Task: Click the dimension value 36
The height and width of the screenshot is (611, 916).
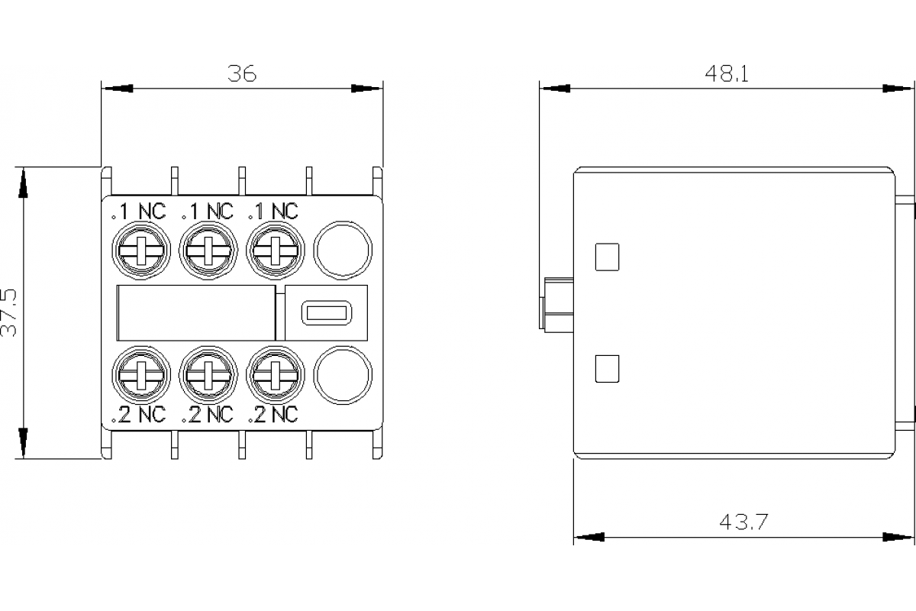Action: [242, 73]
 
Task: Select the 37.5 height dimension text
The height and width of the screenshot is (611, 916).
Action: [9, 312]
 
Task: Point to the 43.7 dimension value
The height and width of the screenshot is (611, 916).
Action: [743, 522]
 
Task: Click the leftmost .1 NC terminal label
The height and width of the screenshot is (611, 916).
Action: [138, 211]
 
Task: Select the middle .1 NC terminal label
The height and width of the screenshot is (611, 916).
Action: [206, 211]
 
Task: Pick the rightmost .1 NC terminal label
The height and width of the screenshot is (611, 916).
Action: [273, 211]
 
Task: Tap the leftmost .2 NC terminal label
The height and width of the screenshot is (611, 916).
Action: [138, 415]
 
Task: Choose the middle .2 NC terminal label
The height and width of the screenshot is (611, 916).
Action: [206, 415]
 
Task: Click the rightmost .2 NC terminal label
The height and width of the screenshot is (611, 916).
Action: [273, 415]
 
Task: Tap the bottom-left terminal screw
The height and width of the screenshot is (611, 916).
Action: [140, 374]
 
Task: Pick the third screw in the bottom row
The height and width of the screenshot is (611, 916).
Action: [274, 374]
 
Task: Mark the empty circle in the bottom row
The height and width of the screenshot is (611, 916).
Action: [342, 374]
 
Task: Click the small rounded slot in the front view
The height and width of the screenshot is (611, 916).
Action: [325, 312]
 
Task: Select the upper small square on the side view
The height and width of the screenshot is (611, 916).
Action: [607, 257]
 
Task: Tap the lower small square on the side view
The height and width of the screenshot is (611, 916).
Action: [607, 369]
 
